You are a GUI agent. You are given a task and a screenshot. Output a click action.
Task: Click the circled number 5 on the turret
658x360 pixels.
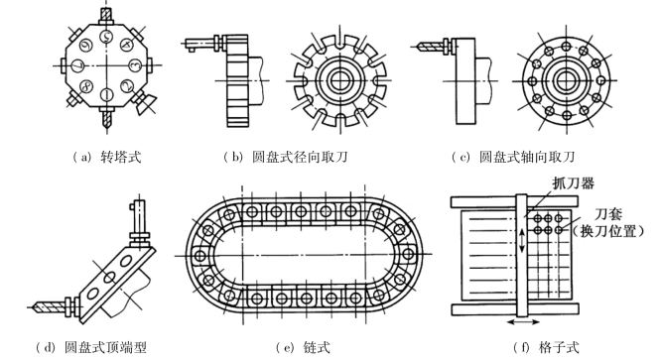tap(106, 37)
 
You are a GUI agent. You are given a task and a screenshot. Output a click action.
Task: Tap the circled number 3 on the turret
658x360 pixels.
tap(135, 65)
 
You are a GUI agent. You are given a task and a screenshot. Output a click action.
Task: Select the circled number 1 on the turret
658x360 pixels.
tap(106, 94)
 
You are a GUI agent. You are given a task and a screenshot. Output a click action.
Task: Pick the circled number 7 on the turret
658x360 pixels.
tap(78, 65)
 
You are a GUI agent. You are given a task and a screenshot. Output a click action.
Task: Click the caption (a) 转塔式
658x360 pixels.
tap(106, 157)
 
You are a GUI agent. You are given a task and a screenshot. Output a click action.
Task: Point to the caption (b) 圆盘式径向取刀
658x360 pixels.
tap(286, 157)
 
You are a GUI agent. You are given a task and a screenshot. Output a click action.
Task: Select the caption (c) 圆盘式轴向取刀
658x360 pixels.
tap(512, 157)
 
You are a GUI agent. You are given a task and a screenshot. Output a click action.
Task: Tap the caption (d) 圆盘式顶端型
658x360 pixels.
tap(90, 347)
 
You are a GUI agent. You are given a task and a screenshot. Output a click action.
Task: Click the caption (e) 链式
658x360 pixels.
tap(303, 347)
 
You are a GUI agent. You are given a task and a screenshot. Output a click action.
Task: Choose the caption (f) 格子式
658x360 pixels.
tap(546, 347)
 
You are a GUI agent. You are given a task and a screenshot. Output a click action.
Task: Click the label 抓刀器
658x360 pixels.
tap(573, 183)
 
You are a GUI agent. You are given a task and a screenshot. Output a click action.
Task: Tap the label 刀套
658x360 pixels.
tap(607, 214)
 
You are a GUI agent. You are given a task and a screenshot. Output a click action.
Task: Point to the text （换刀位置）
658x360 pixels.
tap(608, 231)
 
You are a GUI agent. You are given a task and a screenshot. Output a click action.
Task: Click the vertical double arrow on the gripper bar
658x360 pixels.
tap(522, 240)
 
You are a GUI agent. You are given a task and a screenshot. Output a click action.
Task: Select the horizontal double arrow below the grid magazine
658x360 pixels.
tap(523, 322)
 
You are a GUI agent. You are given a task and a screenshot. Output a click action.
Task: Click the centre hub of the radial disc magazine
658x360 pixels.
tap(339, 80)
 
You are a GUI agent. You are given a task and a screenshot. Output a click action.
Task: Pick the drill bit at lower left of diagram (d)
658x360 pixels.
tap(47, 306)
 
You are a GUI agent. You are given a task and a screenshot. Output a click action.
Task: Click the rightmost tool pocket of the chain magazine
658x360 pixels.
tap(408, 254)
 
